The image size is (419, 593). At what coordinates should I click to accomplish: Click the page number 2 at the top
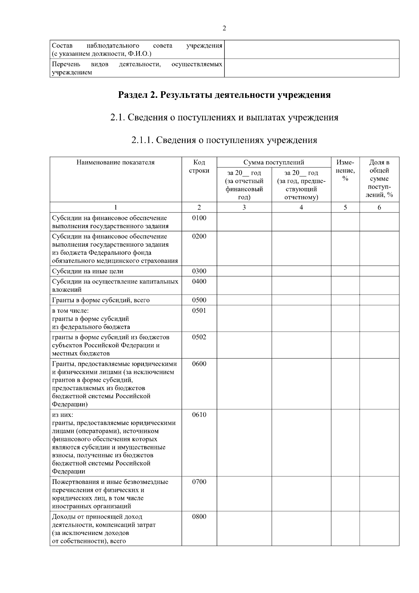coord(224,28)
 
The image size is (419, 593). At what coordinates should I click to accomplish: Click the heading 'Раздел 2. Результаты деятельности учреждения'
coord(224,95)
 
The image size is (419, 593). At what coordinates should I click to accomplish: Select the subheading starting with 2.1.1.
coord(224,140)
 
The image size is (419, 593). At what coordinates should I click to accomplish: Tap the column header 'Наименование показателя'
coord(116,162)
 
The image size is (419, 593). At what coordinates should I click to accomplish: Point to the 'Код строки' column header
coord(199,166)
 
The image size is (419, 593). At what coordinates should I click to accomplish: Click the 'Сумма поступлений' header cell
coord(274,162)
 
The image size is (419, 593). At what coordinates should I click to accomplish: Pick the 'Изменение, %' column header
coord(345,171)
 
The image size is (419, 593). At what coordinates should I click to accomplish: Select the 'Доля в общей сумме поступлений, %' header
coord(379,178)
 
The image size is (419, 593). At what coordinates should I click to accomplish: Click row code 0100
coord(199,218)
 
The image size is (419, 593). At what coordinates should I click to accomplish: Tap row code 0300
coord(199,271)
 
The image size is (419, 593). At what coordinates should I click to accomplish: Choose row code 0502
coord(199,337)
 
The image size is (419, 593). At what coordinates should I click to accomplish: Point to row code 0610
coord(199,414)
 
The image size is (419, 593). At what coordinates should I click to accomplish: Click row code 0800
coord(199,516)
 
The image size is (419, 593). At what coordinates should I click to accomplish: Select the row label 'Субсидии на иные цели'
coord(88,271)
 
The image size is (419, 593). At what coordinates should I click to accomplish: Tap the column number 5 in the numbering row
coord(345,207)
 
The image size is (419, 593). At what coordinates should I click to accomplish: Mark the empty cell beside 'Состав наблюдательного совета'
coord(311,49)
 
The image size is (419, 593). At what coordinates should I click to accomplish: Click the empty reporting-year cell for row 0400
coord(244,285)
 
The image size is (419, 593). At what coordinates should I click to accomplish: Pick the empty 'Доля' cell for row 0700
coord(379,493)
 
